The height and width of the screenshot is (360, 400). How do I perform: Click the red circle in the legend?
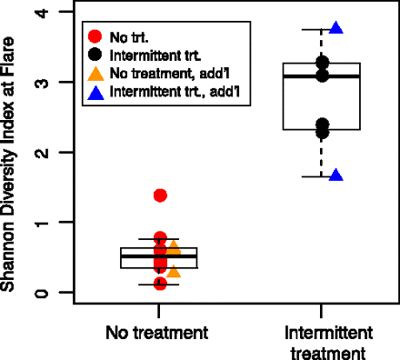pos(95,37)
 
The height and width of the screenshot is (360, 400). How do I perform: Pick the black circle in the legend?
pos(95,55)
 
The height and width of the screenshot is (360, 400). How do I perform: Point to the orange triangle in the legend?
pos(95,74)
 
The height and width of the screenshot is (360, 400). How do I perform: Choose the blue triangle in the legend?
pos(95,92)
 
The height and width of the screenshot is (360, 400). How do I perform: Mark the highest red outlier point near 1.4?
pos(160,195)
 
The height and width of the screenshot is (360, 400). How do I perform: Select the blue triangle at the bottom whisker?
pos(335,175)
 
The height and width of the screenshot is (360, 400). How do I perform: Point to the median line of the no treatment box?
pos(159,256)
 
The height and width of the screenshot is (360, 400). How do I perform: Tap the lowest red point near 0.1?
pos(160,284)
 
